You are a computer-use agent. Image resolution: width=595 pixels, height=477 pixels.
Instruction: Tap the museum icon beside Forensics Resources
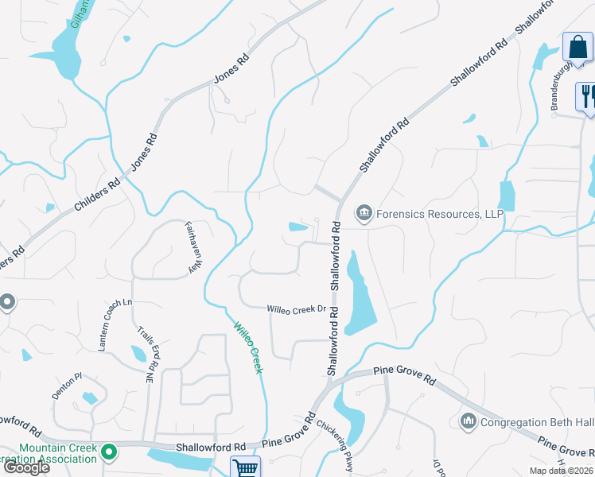(364, 212)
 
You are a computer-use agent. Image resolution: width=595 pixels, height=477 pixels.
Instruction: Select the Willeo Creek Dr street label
(297, 308)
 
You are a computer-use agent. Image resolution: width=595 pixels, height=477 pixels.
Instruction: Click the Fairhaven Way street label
(191, 247)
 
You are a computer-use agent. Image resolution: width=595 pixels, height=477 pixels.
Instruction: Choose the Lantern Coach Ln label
(115, 326)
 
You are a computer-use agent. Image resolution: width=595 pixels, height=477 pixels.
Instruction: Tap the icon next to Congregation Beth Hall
(468, 420)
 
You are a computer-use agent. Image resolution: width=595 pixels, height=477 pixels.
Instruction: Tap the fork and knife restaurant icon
(587, 95)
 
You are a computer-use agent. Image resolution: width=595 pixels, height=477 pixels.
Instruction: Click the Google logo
(26, 467)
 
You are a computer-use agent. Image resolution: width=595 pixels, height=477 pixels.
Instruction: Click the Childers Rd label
(96, 194)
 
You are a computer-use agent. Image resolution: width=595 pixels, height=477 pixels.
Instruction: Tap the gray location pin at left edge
(6, 302)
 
